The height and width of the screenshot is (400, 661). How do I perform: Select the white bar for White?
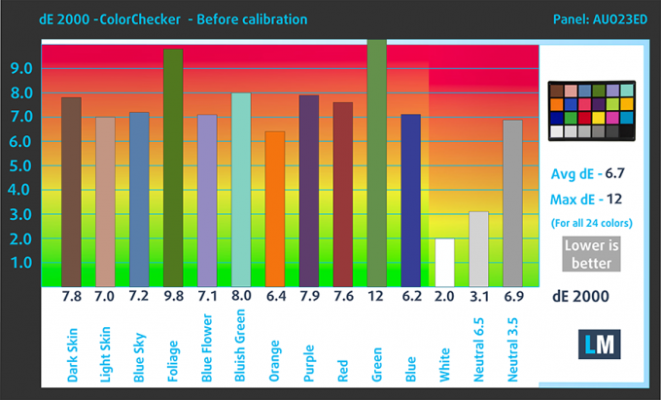click(444, 262)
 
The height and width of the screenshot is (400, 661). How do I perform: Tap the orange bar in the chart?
click(274, 208)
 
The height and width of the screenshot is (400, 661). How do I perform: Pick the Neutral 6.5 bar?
click(478, 248)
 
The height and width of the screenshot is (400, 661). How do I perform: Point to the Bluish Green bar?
click(240, 189)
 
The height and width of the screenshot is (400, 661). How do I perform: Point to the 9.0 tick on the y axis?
click(20, 68)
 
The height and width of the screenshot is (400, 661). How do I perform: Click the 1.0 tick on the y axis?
click(20, 263)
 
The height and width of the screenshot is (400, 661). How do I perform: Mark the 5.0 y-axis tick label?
click(20, 165)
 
